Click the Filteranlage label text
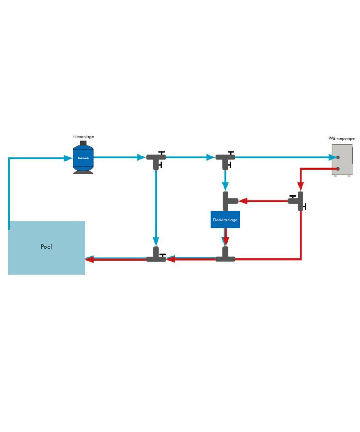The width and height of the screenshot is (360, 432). click(83, 137)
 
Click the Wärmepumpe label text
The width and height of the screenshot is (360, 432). click(341, 138)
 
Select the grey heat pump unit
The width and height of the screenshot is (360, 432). click(342, 160)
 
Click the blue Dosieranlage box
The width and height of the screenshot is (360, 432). click(225, 219)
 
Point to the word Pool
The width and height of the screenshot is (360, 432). click(46, 247)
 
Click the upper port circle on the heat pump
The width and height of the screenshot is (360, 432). click(338, 157)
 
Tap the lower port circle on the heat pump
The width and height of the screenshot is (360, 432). click(338, 168)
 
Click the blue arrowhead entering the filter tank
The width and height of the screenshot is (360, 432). click(67, 158)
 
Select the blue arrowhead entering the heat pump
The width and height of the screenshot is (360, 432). click(332, 157)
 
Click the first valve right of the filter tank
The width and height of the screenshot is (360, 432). click(156, 158)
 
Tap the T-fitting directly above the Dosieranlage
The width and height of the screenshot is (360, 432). click(227, 200)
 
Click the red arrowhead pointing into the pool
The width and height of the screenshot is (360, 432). click(89, 259)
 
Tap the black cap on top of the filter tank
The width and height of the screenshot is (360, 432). click(83, 143)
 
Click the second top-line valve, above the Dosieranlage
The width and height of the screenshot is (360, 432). click(225, 158)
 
